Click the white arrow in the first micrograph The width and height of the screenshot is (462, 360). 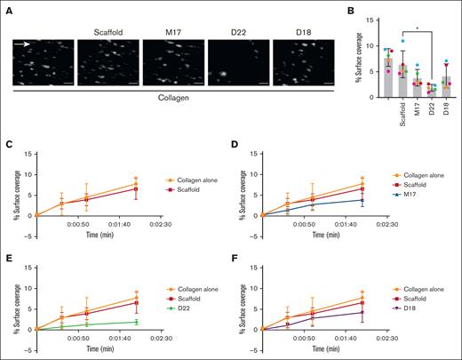coord(24,44)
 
